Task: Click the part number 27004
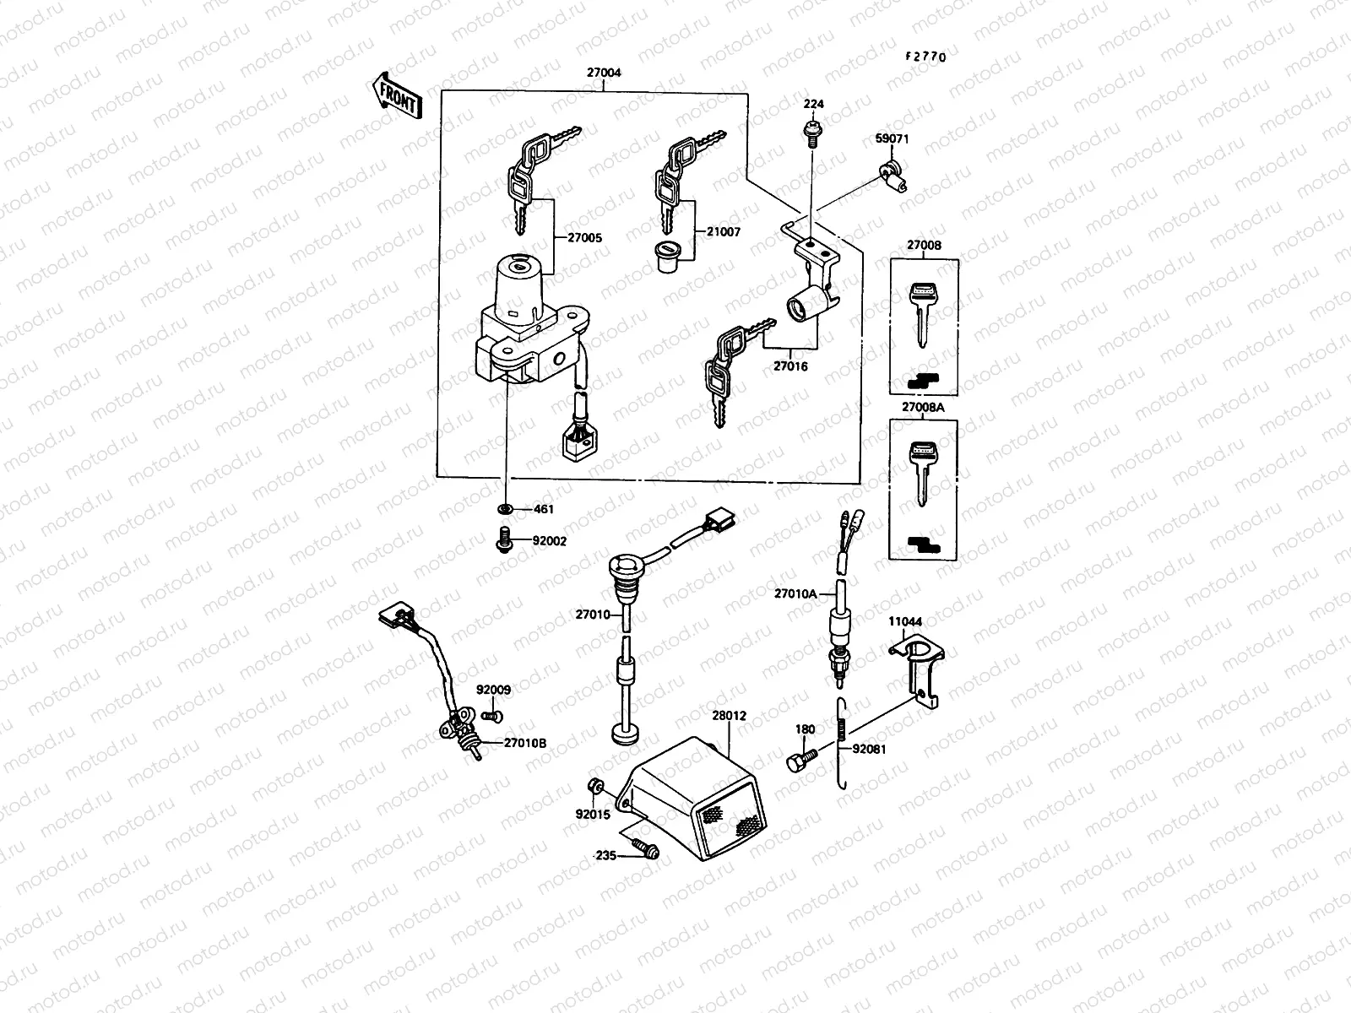tap(604, 73)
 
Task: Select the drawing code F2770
tap(925, 57)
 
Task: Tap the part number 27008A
tap(923, 407)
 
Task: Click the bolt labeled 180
tap(800, 759)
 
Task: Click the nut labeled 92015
tap(595, 787)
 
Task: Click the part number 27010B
tap(524, 743)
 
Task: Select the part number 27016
tap(790, 367)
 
